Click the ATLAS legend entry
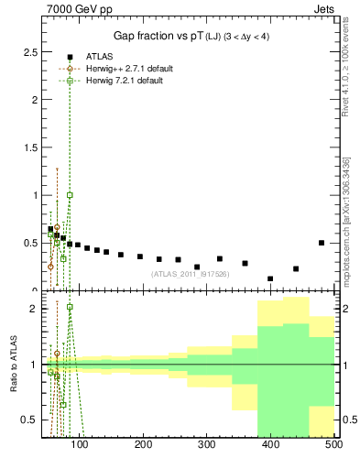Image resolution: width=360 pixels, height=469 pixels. coord(99,56)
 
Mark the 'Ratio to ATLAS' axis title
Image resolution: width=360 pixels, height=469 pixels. coord(12,365)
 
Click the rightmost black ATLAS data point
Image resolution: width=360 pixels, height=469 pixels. coord(322,243)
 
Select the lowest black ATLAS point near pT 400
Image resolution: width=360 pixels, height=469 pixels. coord(270,278)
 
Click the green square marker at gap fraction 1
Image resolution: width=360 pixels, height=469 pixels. coord(70,195)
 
